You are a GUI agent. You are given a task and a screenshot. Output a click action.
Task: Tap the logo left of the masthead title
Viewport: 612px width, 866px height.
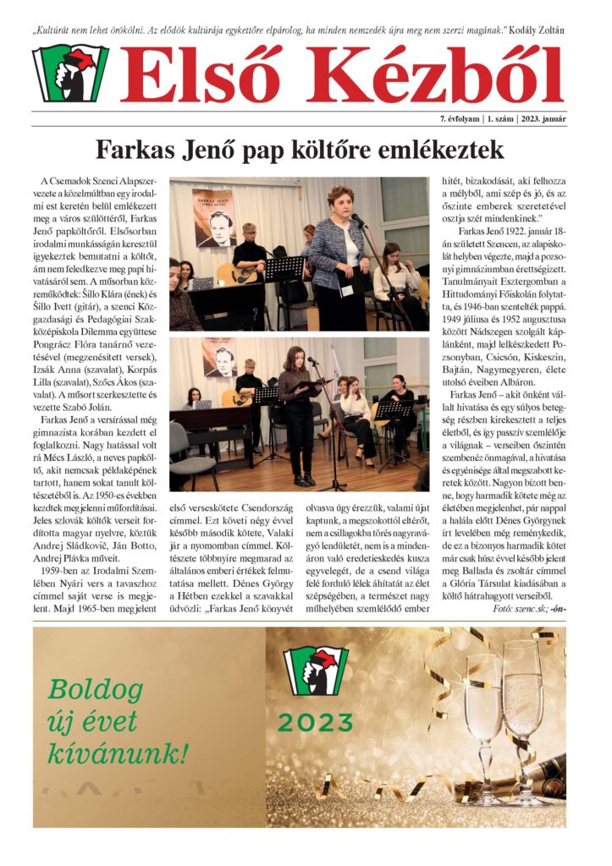[70, 74]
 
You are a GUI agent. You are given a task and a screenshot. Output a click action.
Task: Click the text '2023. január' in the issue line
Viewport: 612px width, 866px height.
[541, 118]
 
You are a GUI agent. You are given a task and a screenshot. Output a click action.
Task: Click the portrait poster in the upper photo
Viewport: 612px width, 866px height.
[213, 217]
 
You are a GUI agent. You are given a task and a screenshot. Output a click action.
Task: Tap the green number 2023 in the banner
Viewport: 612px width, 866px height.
[315, 722]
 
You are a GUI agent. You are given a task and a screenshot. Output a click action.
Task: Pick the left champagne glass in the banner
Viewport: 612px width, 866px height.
[483, 719]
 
